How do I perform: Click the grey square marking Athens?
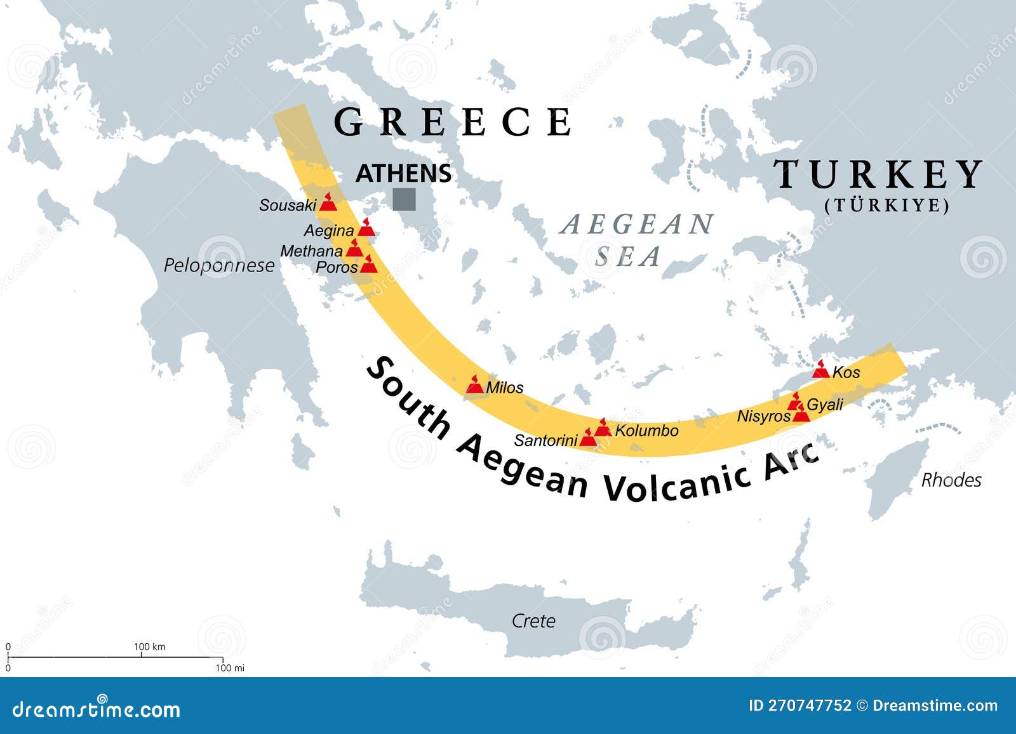click(x=404, y=199)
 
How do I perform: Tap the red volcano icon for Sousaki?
click(x=328, y=202)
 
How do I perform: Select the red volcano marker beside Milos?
click(x=475, y=384)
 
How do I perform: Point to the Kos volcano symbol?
click(x=821, y=370)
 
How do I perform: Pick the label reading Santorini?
click(x=545, y=440)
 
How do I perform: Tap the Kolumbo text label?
click(x=646, y=431)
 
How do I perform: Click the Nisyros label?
click(x=763, y=416)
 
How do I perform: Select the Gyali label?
click(x=825, y=404)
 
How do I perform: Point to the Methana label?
click(x=311, y=251)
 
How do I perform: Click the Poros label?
click(x=337, y=267)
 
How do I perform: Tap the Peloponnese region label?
click(x=219, y=265)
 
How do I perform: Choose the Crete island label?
click(x=533, y=620)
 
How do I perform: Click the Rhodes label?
click(x=951, y=480)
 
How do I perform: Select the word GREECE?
click(x=452, y=122)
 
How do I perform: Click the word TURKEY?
click(x=878, y=174)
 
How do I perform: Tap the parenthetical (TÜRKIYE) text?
click(x=887, y=206)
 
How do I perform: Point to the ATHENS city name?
click(x=403, y=173)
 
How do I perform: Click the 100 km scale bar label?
click(x=149, y=646)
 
